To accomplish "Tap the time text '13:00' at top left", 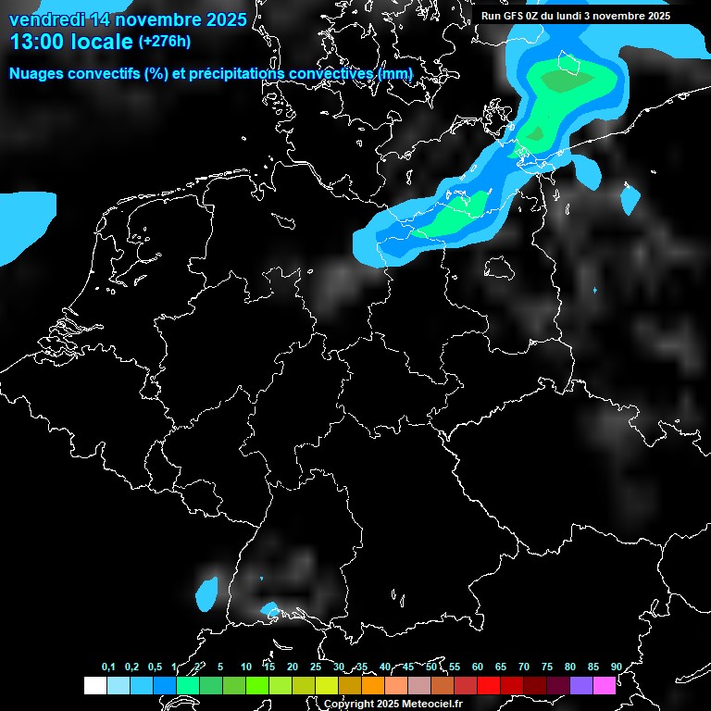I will tap(37, 42).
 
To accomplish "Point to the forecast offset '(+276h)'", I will tap(164, 42).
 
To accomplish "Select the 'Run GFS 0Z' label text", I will tap(515, 16).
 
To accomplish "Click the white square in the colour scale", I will tap(94, 685).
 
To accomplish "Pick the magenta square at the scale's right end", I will tap(604, 685).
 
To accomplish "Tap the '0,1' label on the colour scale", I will tap(108, 667).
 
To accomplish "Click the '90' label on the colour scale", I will tap(616, 667).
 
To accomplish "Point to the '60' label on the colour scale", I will tap(477, 667).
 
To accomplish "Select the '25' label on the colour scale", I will tap(316, 667).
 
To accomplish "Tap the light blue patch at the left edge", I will tap(24, 222).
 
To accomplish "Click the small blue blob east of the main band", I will tap(630, 199).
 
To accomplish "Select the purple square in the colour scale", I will tap(580, 685).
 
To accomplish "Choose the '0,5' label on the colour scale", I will tap(155, 667).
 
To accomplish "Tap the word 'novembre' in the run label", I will tap(617, 16).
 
